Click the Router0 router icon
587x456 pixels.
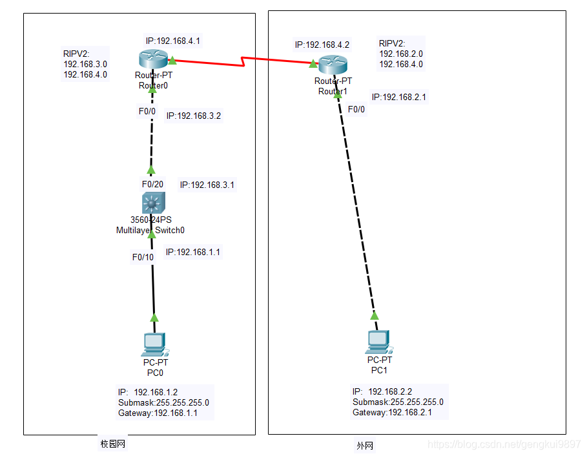coord(153,60)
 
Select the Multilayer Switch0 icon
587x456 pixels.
coord(152,204)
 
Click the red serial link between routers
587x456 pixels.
coord(242,62)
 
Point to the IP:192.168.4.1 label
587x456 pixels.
coord(172,41)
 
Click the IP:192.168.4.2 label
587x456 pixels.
coord(322,45)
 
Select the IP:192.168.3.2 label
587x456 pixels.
coord(194,116)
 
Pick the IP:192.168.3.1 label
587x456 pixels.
coord(207,185)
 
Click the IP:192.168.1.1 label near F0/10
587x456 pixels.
coord(193,252)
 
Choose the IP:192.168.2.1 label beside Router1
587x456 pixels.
coord(398,98)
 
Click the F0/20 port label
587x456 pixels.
coord(152,184)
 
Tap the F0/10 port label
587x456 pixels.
coord(143,257)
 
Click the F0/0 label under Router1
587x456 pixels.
coord(356,109)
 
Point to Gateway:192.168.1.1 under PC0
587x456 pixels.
coord(158,413)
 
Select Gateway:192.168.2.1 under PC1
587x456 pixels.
coord(392,412)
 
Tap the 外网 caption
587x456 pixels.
coord(365,446)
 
